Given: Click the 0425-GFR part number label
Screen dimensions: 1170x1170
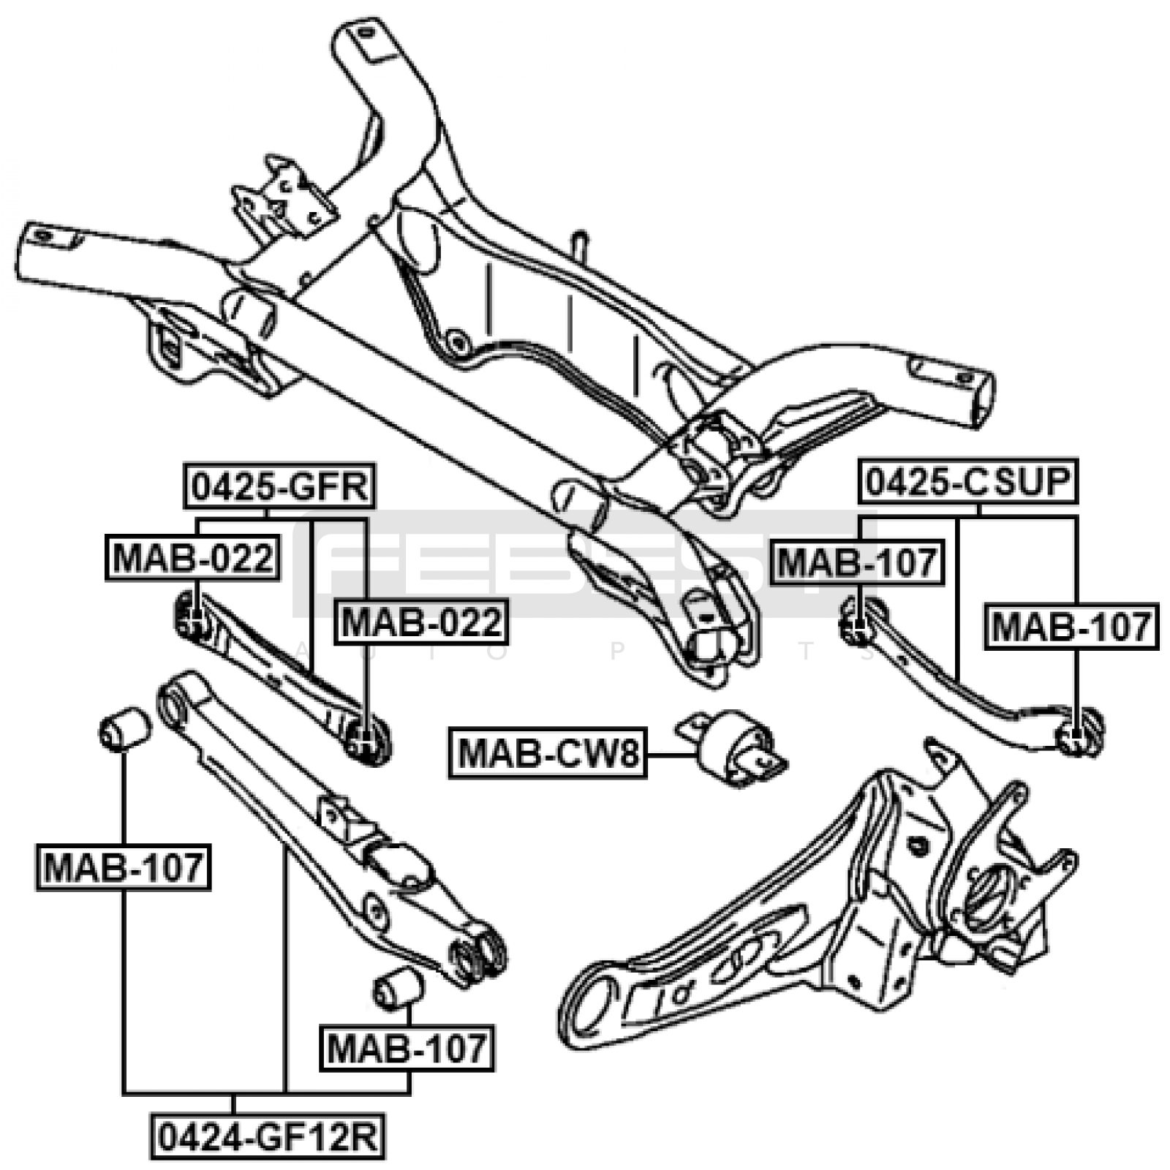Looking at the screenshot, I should pyautogui.click(x=279, y=486).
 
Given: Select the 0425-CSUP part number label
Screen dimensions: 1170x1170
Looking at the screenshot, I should pyautogui.click(x=968, y=482).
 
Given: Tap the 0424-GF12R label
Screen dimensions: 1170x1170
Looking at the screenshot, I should pyautogui.click(x=268, y=1136).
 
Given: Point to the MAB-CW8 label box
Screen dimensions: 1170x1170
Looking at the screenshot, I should pyautogui.click(x=547, y=753).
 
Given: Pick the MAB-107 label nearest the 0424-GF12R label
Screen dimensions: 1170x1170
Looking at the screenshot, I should pyautogui.click(x=406, y=1049).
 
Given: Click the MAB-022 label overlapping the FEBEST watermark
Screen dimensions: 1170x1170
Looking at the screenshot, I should pyautogui.click(x=420, y=622).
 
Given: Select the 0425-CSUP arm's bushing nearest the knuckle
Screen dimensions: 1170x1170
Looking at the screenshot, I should pyautogui.click(x=1079, y=732).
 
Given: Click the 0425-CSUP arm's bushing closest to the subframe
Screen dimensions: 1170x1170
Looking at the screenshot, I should pyautogui.click(x=858, y=621).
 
